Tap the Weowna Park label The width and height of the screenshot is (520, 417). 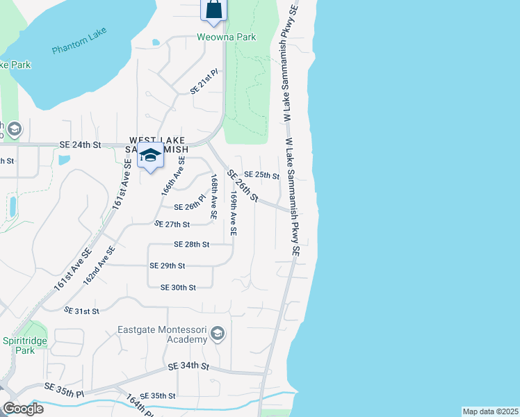click(x=226, y=37)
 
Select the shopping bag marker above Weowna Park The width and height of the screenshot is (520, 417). click(x=214, y=9)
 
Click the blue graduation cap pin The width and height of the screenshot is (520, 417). click(x=150, y=156)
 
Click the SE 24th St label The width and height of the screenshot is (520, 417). click(x=81, y=145)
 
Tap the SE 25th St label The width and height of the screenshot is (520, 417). click(x=262, y=175)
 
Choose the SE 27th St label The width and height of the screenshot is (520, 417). click(x=172, y=224)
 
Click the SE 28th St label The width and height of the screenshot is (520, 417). click(x=192, y=245)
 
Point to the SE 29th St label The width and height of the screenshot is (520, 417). click(x=168, y=265)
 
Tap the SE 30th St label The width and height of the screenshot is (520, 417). click(x=178, y=287)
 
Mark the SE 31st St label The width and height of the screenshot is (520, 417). click(x=81, y=309)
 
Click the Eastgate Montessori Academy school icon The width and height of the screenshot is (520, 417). click(x=218, y=334)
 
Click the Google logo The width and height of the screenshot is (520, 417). click(x=22, y=409)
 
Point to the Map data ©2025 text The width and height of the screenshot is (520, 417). click(x=489, y=411)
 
